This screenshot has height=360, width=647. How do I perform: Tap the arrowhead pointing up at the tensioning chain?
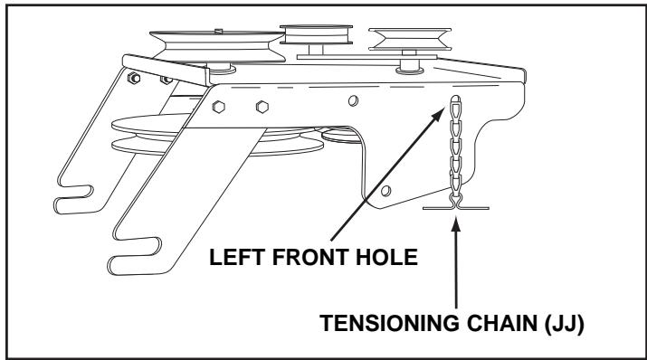point(457,221)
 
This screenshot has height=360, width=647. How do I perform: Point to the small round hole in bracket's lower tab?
point(386,191)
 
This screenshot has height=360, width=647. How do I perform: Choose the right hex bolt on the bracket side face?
point(262,104)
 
